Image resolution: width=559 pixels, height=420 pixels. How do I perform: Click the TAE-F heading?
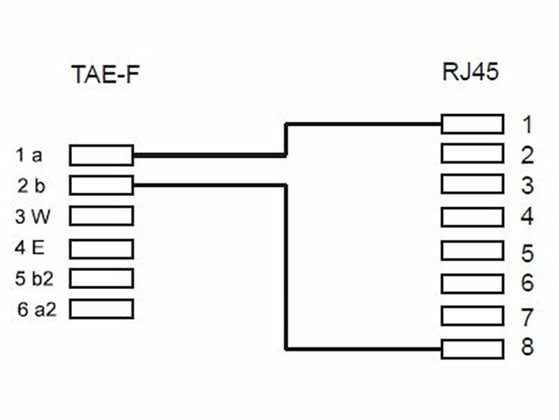click(x=106, y=74)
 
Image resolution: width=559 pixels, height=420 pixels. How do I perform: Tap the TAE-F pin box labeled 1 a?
click(x=101, y=155)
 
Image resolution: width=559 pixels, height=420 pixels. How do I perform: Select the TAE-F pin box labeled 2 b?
click(x=101, y=185)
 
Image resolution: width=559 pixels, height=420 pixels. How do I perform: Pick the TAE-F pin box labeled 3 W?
click(x=101, y=216)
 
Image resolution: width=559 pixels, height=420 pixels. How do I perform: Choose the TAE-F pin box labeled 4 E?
click(x=101, y=247)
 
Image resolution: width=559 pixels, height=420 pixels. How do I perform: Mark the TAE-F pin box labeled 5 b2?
click(x=101, y=278)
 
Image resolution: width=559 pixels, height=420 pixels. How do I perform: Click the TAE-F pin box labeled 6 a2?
click(x=101, y=309)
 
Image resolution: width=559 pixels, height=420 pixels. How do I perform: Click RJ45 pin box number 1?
click(x=472, y=125)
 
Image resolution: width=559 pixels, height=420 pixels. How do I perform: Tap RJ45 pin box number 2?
click(x=472, y=153)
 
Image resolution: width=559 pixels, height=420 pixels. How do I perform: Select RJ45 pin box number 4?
click(x=472, y=216)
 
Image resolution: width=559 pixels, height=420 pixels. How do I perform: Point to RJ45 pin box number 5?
click(x=472, y=251)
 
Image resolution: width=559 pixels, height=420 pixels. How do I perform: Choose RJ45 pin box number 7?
click(x=472, y=316)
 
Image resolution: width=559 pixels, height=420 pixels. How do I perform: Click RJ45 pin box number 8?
click(x=472, y=347)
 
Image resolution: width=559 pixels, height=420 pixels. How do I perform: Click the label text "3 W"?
click(x=32, y=216)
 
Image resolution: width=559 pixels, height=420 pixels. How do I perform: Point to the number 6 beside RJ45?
click(x=528, y=283)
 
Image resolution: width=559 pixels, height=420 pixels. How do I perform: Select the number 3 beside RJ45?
click(x=528, y=185)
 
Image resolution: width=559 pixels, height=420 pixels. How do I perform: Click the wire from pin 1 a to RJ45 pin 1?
click(x=210, y=155)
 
